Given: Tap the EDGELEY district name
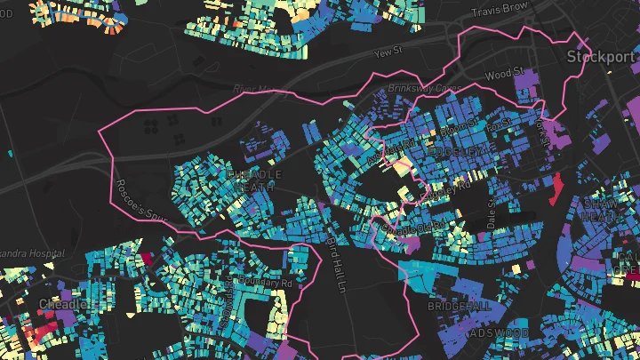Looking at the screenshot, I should (458, 153).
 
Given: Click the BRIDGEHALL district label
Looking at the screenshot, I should (459, 305).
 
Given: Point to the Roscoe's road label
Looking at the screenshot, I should (129, 202).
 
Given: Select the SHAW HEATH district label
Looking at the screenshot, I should (604, 210).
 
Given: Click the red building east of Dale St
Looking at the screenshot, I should (558, 187).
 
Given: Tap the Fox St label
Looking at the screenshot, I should (501, 123).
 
